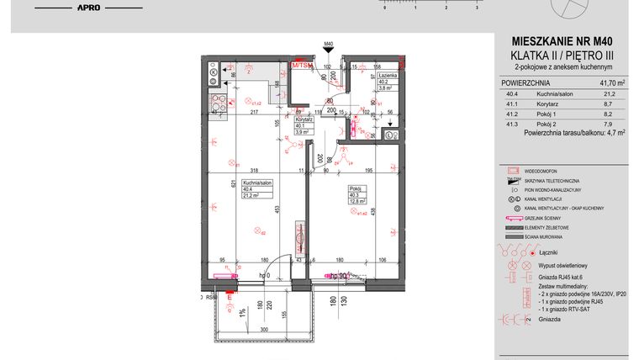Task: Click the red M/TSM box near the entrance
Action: pos(301,63)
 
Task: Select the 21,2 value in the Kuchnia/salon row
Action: pos(617,95)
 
